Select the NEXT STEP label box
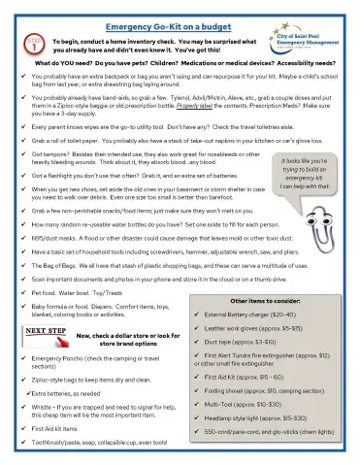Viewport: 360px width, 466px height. pyautogui.click(x=47, y=331)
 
